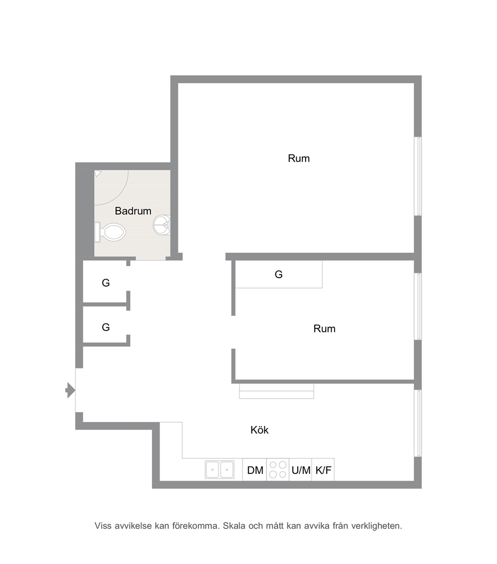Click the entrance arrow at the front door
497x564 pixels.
click(70, 390)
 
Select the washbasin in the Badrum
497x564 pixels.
click(162, 225)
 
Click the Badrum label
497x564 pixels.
click(133, 211)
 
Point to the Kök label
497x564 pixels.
click(260, 430)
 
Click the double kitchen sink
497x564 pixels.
click(219, 469)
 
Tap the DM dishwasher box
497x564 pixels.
click(255, 469)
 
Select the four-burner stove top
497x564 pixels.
click(278, 469)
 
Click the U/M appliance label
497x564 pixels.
click(301, 470)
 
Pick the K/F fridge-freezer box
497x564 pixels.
click(323, 469)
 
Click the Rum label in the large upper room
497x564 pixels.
click(299, 158)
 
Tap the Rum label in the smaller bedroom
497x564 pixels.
click(325, 328)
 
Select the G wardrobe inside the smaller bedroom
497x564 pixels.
click(279, 274)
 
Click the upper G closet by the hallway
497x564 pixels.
click(106, 283)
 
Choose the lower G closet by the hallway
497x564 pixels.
click(106, 327)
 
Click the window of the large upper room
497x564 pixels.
click(418, 176)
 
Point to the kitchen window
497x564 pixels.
click(418, 423)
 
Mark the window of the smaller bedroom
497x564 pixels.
click(418, 306)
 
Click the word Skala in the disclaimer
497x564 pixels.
click(234, 526)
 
